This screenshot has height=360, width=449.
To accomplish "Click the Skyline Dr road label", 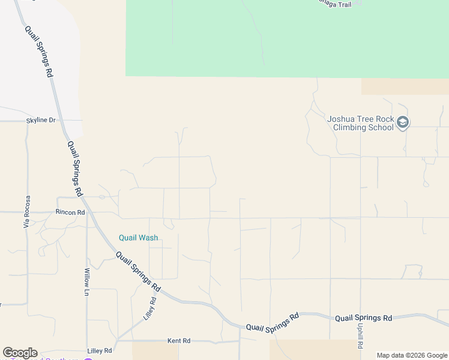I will pyautogui.click(x=41, y=121).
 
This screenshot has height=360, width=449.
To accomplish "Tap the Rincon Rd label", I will pyautogui.click(x=70, y=212).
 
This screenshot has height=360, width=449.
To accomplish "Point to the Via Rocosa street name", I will pyautogui.click(x=26, y=212).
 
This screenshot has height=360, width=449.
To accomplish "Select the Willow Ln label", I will pyautogui.click(x=87, y=282).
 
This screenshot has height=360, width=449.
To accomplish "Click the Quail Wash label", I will pyautogui.click(x=138, y=238).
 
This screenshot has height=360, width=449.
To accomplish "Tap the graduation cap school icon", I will pyautogui.click(x=403, y=123).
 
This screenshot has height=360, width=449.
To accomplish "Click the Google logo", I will pyautogui.click(x=20, y=353).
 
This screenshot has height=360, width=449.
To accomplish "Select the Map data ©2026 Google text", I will pyautogui.click(x=412, y=355).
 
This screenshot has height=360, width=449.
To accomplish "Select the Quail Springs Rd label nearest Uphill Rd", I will pyautogui.click(x=363, y=318).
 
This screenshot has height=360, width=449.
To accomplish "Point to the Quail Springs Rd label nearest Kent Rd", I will pyautogui.click(x=273, y=322).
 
